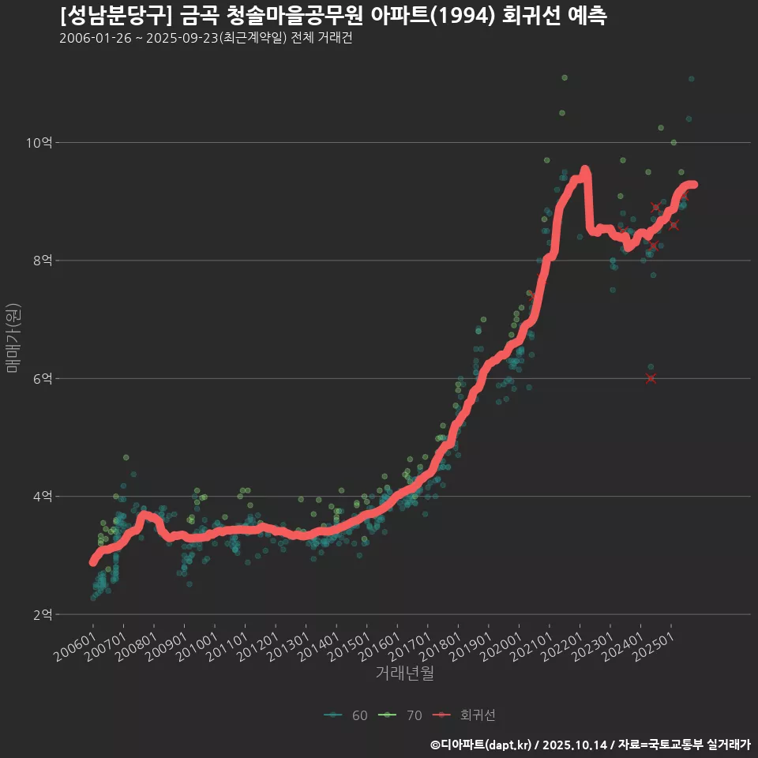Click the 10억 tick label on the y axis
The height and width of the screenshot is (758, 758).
click(x=39, y=143)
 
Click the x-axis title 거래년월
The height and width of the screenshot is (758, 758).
click(x=404, y=674)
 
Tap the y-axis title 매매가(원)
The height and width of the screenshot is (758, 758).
click(x=13, y=338)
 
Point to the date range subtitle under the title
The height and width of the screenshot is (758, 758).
click(x=205, y=39)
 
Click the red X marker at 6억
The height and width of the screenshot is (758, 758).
click(x=651, y=378)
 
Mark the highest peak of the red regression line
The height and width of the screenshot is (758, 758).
click(x=584, y=170)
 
